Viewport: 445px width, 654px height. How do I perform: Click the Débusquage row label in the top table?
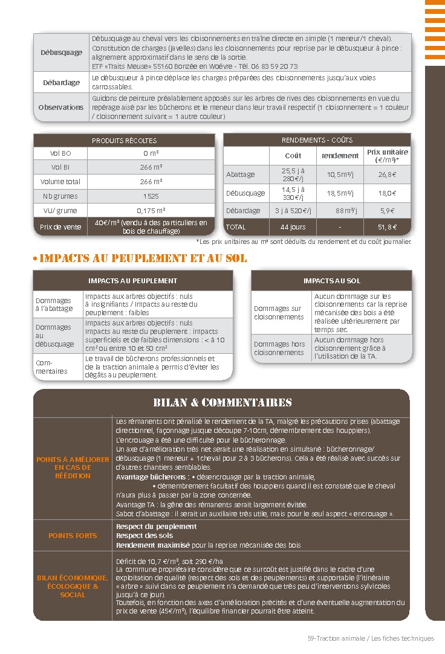pyautogui.click(x=61, y=53)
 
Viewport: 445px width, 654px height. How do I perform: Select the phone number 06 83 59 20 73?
pyautogui.click(x=273, y=66)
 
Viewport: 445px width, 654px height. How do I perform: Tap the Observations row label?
pyautogui.click(x=61, y=107)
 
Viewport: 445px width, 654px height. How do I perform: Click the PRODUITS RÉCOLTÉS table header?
pyautogui.click(x=124, y=141)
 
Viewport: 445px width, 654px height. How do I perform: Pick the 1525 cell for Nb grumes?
pyautogui.click(x=151, y=196)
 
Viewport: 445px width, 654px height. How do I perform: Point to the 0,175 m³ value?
pyautogui.click(x=151, y=210)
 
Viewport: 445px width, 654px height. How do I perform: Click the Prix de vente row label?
pyautogui.click(x=60, y=227)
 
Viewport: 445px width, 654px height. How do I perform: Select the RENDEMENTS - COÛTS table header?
pyautogui.click(x=317, y=140)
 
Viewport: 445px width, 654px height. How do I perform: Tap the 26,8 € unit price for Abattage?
pyautogui.click(x=387, y=175)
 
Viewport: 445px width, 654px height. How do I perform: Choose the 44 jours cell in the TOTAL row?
pyautogui.click(x=293, y=227)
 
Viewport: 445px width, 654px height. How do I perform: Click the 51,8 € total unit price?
pyautogui.click(x=387, y=227)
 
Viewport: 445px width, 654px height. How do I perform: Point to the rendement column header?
pyautogui.click(x=340, y=156)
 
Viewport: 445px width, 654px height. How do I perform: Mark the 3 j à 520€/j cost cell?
pyautogui.click(x=293, y=211)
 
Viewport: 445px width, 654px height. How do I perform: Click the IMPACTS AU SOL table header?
pyautogui.click(x=331, y=281)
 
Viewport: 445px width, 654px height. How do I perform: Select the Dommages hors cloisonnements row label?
pyautogui.click(x=280, y=348)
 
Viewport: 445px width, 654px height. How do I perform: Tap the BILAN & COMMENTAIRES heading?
pyautogui.click(x=222, y=403)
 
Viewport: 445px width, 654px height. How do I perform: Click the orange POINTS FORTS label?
pyautogui.click(x=73, y=536)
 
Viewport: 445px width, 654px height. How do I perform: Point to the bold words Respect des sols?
pyautogui.click(x=145, y=536)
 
